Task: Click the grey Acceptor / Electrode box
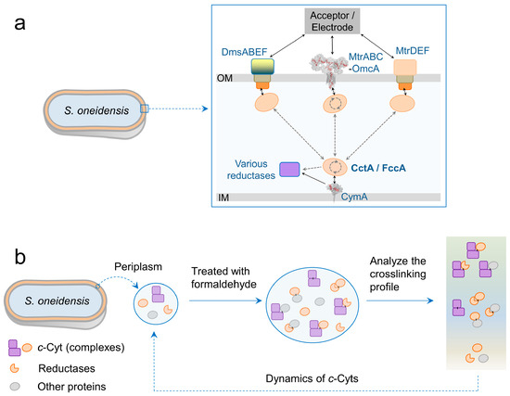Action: click(x=332, y=21)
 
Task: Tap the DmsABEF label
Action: click(x=244, y=52)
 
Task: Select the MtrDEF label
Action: click(x=413, y=51)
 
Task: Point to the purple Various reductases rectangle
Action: click(x=289, y=170)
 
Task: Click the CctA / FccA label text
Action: click(x=378, y=168)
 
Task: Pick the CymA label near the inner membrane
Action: click(x=354, y=197)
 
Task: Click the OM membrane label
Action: click(x=224, y=78)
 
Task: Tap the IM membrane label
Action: click(x=223, y=198)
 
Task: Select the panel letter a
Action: click(x=19, y=24)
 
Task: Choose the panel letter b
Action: click(x=20, y=257)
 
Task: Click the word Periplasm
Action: click(x=138, y=267)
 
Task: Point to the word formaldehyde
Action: click(x=223, y=285)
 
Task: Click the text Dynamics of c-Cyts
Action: click(x=312, y=378)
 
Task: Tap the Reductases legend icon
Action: click(x=14, y=368)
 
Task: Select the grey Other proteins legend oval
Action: click(x=15, y=386)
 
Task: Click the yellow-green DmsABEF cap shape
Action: click(x=262, y=67)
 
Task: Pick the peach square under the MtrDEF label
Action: click(x=405, y=68)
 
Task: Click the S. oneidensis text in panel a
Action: click(x=96, y=110)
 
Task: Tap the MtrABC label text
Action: click(x=366, y=57)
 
